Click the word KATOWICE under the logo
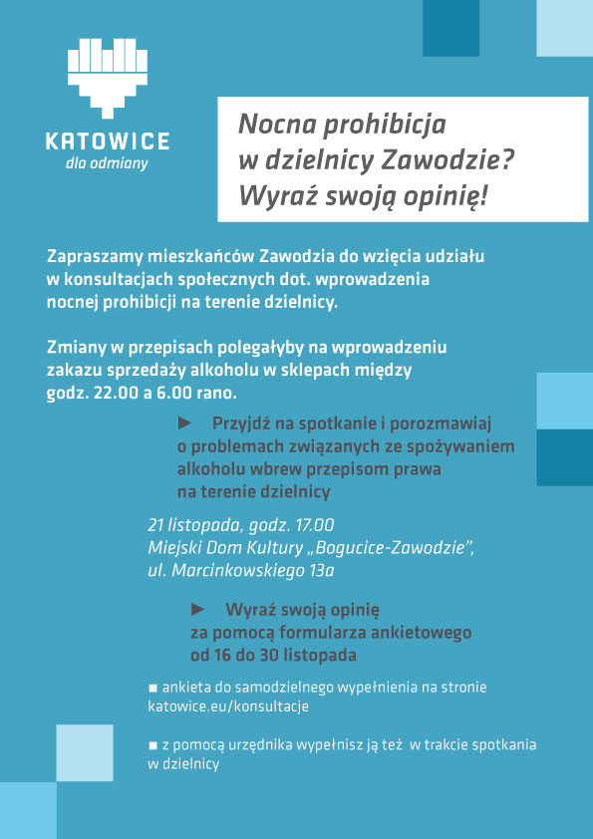108,141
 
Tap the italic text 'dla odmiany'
107,164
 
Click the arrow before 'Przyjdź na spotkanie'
197,422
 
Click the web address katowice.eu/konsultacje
228,706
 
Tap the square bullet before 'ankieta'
152,688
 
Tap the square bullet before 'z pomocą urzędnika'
152,745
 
